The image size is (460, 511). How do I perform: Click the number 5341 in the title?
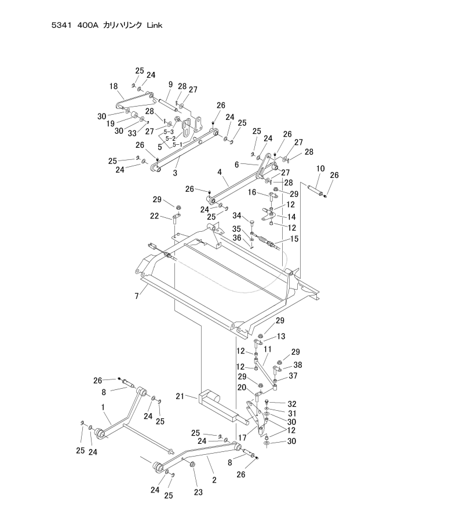click(x=62, y=25)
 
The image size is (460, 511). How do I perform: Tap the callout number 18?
click(x=114, y=86)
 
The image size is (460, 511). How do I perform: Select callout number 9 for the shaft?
click(x=171, y=84)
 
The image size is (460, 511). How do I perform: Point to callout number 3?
click(x=175, y=173)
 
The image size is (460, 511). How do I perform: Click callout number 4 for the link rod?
click(x=219, y=172)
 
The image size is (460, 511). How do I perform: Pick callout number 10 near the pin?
click(x=320, y=169)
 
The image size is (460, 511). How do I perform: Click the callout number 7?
click(x=137, y=297)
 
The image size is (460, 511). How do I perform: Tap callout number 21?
click(x=180, y=397)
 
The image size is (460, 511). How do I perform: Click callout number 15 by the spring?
click(x=294, y=238)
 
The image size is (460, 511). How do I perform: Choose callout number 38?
click(x=298, y=365)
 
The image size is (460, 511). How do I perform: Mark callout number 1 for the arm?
click(x=105, y=407)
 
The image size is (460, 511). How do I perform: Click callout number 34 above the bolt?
click(x=237, y=216)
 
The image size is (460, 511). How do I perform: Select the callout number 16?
click(x=251, y=192)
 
